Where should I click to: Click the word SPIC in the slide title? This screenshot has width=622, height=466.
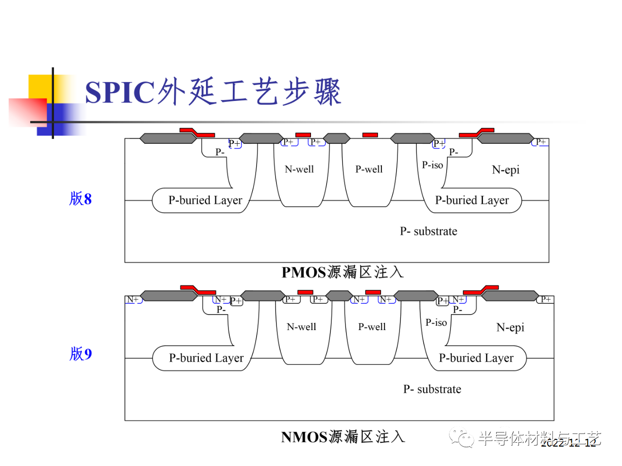120,92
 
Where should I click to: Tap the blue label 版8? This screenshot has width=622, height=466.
81,199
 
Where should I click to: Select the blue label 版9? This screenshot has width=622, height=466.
81,353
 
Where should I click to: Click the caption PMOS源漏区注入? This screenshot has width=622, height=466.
343,272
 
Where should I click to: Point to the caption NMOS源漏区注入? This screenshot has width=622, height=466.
343,437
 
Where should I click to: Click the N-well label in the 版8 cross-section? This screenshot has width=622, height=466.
299,169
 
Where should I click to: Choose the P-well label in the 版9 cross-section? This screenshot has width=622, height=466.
372,327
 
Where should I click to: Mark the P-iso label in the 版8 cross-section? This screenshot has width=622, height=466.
432,165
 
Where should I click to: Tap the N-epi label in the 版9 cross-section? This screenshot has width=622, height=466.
510,328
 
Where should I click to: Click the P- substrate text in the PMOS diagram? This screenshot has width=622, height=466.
429,232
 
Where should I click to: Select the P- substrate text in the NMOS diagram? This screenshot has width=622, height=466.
432,389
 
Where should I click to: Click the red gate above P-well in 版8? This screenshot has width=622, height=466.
370,135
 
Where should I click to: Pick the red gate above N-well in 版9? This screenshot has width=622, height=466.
305,292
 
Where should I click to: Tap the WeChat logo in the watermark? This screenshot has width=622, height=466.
461,438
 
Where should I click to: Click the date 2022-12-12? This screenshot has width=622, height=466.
569,443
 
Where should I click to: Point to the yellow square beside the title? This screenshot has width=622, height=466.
41,87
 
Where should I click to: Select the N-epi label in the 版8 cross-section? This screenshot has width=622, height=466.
506,170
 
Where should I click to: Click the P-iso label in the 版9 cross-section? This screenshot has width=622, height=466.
436,323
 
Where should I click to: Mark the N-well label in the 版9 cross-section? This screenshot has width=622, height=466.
301,327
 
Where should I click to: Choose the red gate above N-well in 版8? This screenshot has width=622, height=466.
303,135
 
